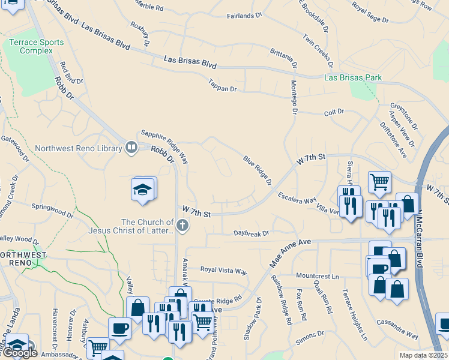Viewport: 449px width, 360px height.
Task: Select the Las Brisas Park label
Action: click(x=352, y=78)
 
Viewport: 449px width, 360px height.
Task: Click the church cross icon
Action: click(x=182, y=226)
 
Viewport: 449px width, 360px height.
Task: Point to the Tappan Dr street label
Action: click(x=223, y=86)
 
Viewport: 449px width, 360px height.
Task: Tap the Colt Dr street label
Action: click(x=334, y=112)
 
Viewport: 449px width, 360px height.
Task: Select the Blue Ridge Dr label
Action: click(x=258, y=170)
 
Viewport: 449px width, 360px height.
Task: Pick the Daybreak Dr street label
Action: click(x=252, y=233)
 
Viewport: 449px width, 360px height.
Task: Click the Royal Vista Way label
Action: click(x=223, y=271)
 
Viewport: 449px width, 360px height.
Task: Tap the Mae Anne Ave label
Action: click(x=290, y=254)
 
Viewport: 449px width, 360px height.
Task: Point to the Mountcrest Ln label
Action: click(x=318, y=276)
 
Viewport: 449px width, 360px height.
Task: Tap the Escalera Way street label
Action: click(x=297, y=198)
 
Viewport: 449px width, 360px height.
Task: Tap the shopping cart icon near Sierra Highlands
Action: click(x=379, y=181)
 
